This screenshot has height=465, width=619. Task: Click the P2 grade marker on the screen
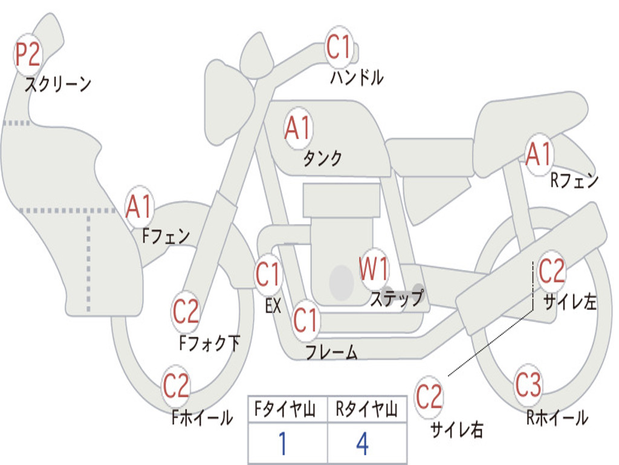pyautogui.click(x=28, y=54)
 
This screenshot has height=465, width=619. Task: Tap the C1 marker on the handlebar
pyautogui.click(x=339, y=47)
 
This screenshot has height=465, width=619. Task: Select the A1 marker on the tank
pyautogui.click(x=298, y=128)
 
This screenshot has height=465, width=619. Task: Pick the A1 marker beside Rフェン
pyautogui.click(x=539, y=154)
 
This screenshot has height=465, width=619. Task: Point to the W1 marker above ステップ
pyautogui.click(x=374, y=269)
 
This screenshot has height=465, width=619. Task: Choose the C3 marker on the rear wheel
pyautogui.click(x=529, y=385)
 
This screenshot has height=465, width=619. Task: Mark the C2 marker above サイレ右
pyautogui.click(x=429, y=397)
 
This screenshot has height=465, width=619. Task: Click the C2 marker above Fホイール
pyautogui.click(x=177, y=386)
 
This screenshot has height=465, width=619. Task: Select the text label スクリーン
pyautogui.click(x=58, y=84)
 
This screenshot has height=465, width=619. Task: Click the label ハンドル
pyautogui.click(x=357, y=77)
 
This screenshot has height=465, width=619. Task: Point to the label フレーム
pyautogui.click(x=331, y=352)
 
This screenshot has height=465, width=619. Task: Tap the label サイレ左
pyautogui.click(x=569, y=302)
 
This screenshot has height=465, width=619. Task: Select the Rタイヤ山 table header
pyautogui.click(x=366, y=411)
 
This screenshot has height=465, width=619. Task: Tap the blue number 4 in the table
pyautogui.click(x=362, y=444)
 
